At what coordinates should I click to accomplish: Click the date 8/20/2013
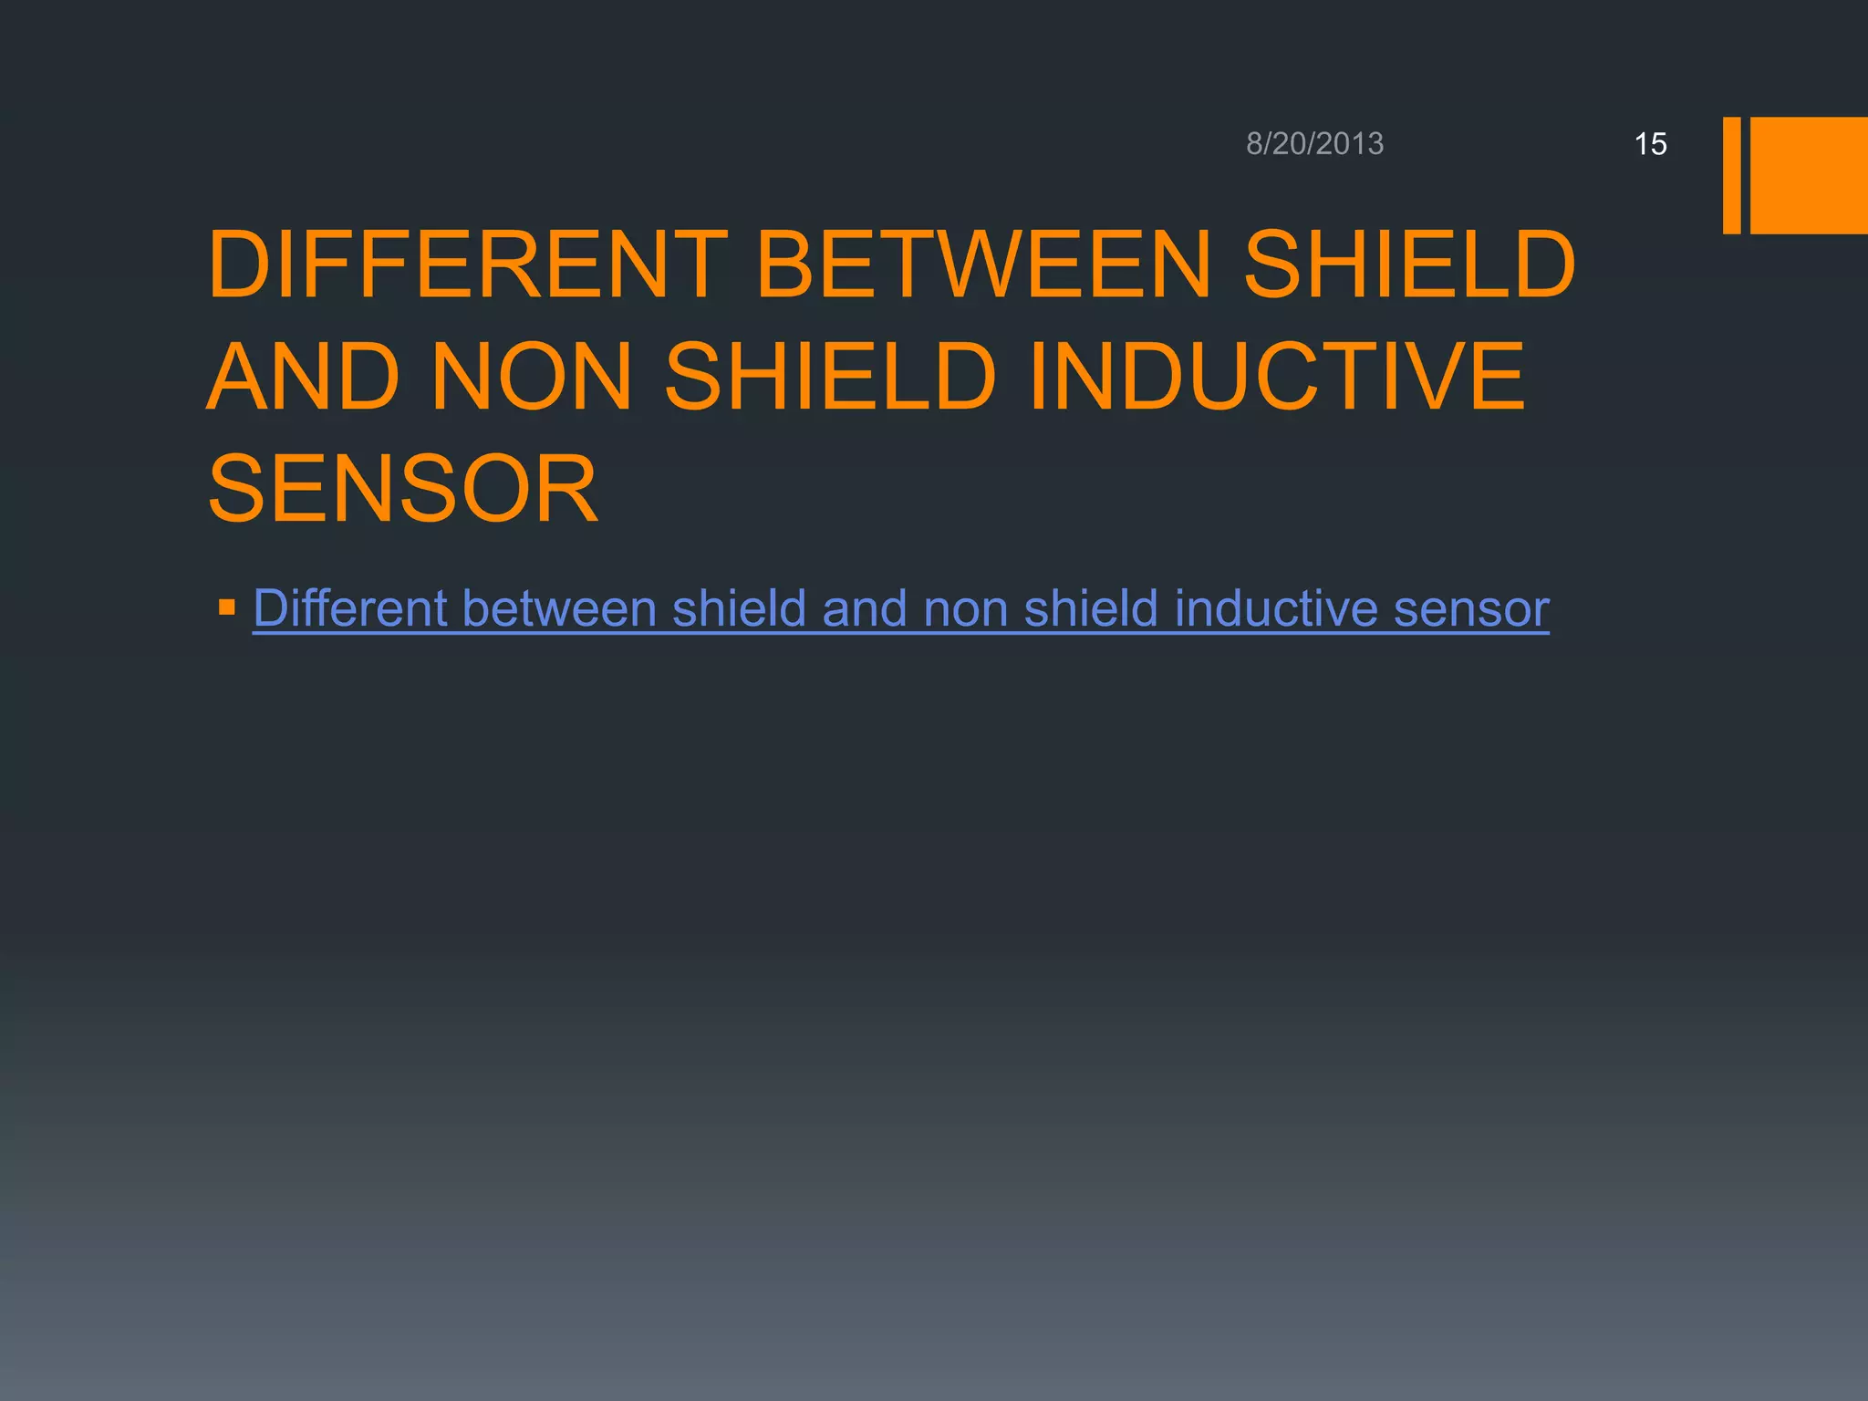coord(1314,144)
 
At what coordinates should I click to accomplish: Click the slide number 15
coord(1650,144)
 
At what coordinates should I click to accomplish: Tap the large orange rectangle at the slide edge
coord(1808,175)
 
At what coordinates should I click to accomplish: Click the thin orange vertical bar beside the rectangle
coord(1731,175)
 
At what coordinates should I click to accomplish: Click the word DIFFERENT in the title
coord(467,265)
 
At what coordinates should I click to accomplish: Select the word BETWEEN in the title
coord(983,265)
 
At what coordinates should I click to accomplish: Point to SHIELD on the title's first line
coord(1409,265)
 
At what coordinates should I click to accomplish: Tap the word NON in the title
coord(531,377)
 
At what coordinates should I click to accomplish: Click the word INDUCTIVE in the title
coord(1277,377)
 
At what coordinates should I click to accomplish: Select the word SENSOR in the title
coord(403,490)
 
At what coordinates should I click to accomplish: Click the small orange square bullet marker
coord(227,607)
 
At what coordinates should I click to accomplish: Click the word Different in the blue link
coord(350,608)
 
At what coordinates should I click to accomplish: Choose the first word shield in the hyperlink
coord(739,608)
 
